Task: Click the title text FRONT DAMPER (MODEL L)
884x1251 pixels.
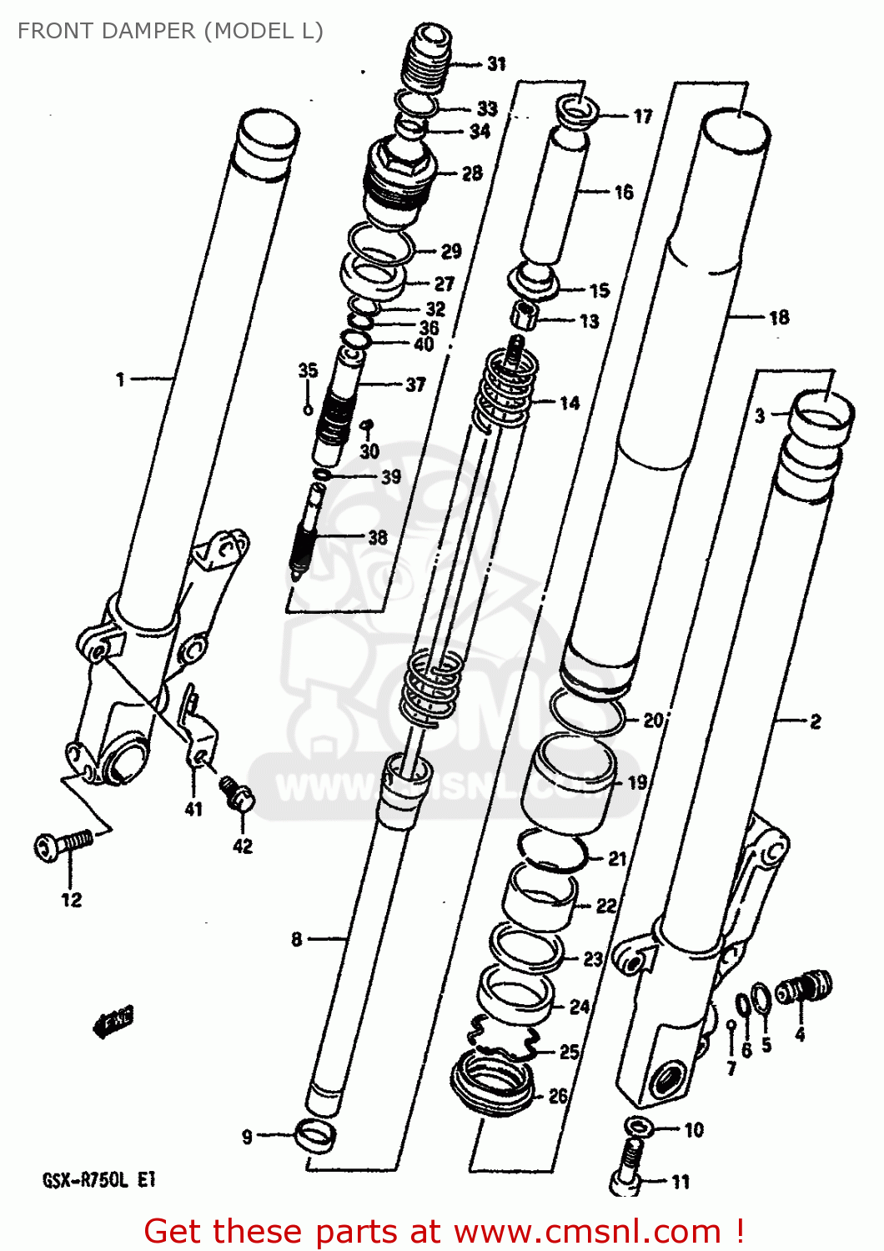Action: tap(170, 31)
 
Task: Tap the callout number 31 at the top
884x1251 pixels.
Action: tap(496, 63)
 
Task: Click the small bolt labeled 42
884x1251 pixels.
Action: tap(237, 793)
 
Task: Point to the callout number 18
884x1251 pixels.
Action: tap(778, 318)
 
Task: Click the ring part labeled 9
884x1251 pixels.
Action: tap(316, 1136)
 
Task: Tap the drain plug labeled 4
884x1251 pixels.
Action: tap(803, 989)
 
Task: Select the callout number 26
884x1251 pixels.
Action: tap(558, 1096)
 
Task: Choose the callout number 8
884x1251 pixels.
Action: tap(296, 940)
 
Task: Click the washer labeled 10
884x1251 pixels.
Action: tap(636, 1125)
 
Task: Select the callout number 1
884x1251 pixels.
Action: tap(120, 379)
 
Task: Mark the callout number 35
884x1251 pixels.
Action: tap(308, 370)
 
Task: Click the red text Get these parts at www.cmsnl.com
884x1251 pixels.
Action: tap(444, 1231)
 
